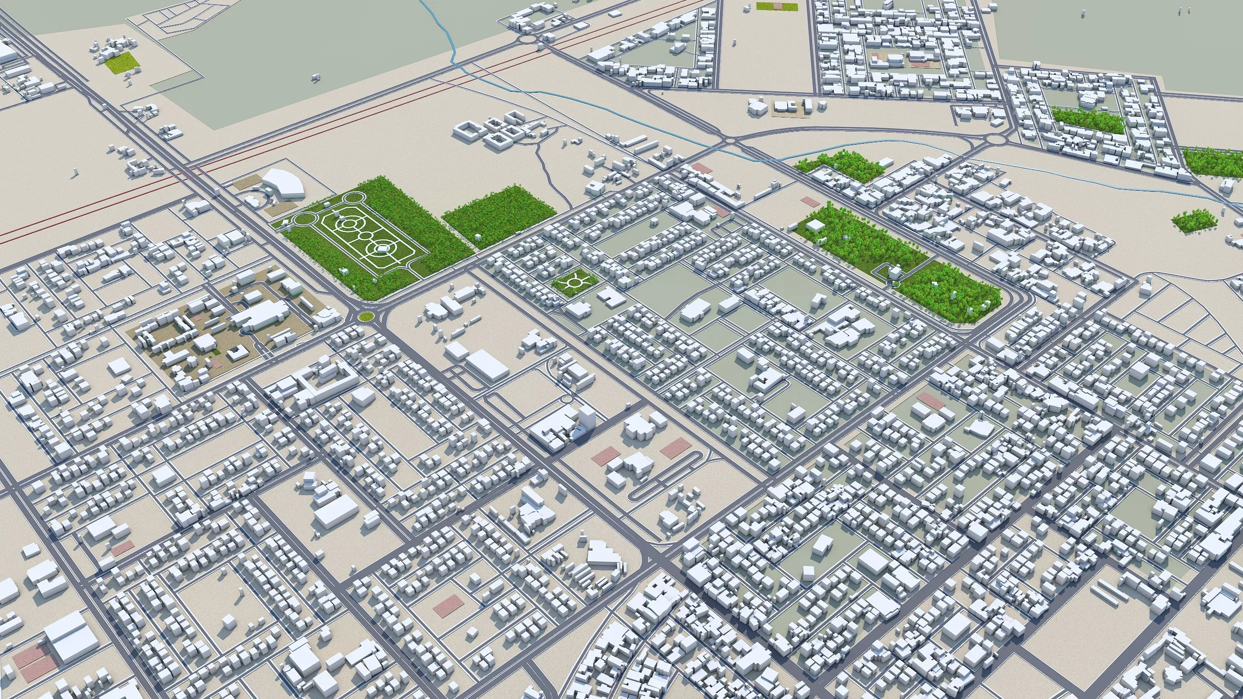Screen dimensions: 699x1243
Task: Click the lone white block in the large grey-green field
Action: tap(316, 76)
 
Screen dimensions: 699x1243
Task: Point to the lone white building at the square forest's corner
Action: tap(477, 237)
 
